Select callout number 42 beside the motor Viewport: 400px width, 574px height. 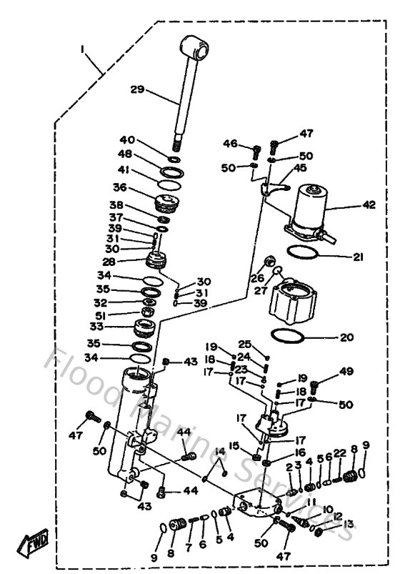[369, 204]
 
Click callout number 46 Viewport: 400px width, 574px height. [230, 144]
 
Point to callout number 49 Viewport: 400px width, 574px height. [346, 371]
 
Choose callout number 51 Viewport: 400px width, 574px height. [121, 315]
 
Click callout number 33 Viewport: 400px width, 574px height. [115, 327]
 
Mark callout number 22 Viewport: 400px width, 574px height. [339, 452]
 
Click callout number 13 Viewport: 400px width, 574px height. [348, 524]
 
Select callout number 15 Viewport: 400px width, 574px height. [234, 446]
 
